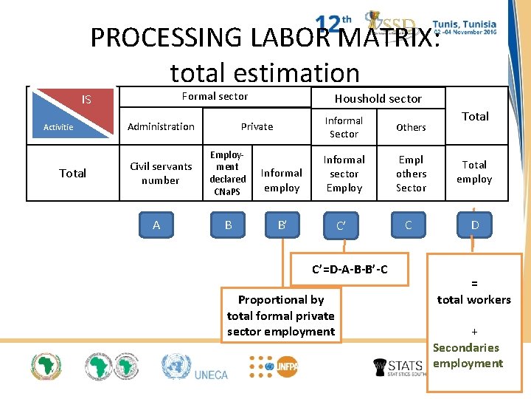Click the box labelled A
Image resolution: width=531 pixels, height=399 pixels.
pos(156,225)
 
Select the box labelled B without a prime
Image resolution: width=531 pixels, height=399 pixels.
pos(228,225)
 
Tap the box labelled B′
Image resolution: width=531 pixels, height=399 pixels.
pos(282,225)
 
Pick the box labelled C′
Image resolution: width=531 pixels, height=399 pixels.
pos(341,225)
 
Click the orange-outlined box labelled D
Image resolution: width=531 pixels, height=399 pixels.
pos(474,225)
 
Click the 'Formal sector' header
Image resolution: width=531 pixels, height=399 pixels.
pos(215,96)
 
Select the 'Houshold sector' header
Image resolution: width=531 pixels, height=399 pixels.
pos(378,98)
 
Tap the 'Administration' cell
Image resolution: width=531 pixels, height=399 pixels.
pos(161,126)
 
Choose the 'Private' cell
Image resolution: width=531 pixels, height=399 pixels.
pos(257,126)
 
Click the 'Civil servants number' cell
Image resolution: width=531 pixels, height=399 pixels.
pos(161,173)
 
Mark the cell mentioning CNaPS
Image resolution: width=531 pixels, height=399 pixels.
pos(228,173)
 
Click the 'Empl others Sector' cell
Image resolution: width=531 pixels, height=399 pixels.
pos(411,174)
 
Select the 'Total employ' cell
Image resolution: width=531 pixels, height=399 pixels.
pos(474,171)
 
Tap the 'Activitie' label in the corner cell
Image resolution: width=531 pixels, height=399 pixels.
pos(58,127)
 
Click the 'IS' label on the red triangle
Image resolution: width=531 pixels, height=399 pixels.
pos(86,99)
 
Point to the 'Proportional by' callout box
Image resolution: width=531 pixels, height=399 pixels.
pos(281,316)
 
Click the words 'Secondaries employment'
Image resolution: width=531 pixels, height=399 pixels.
pos(467,355)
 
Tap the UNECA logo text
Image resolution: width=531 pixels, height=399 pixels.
pos(211,375)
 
